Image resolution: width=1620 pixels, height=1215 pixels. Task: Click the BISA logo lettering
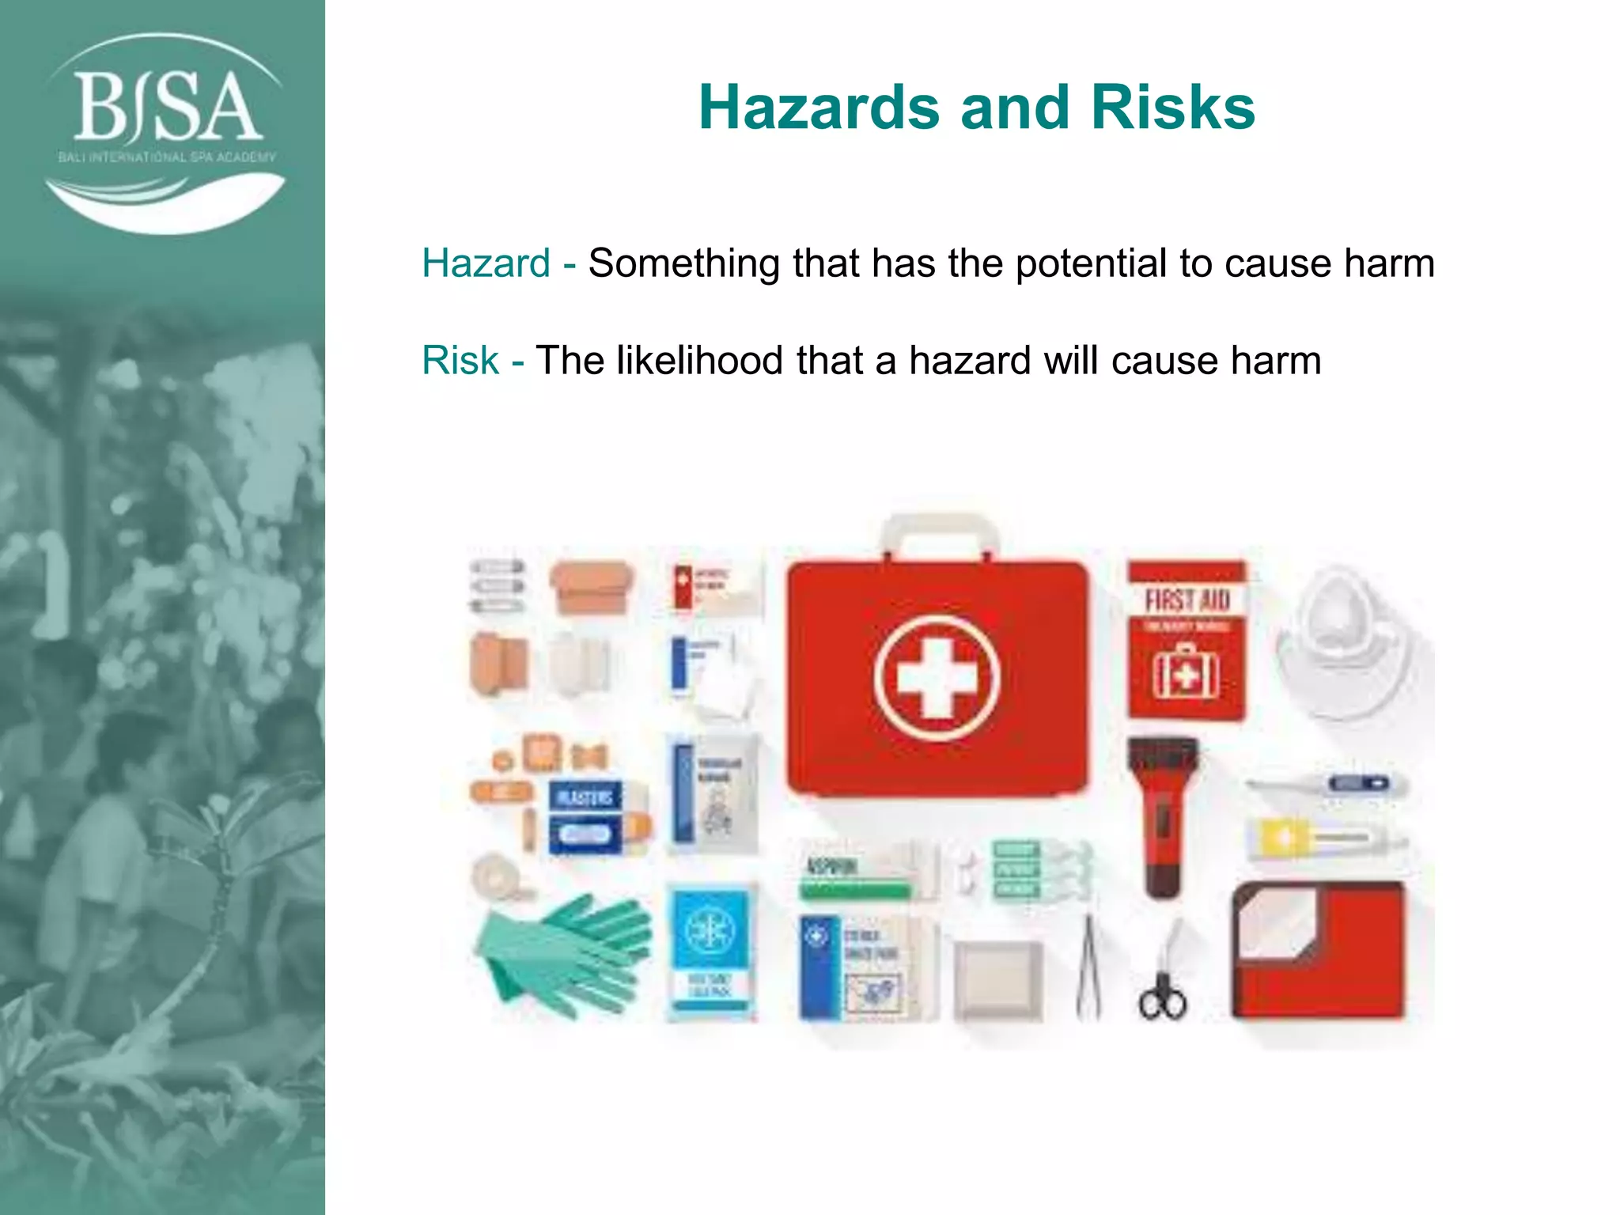click(168, 107)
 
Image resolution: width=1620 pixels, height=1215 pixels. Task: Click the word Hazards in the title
click(819, 108)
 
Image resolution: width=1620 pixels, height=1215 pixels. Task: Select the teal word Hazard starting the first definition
click(486, 263)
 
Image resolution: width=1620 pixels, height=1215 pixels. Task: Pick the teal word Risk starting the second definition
click(460, 361)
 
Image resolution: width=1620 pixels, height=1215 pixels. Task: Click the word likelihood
click(699, 361)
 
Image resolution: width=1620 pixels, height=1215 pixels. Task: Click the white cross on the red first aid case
click(937, 677)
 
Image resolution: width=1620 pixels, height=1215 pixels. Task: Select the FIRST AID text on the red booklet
click(1187, 600)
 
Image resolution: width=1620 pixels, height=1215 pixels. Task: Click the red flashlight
click(1161, 815)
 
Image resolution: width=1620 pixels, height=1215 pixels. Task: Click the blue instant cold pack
click(710, 949)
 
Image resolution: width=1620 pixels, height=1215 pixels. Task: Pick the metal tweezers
click(1088, 969)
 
